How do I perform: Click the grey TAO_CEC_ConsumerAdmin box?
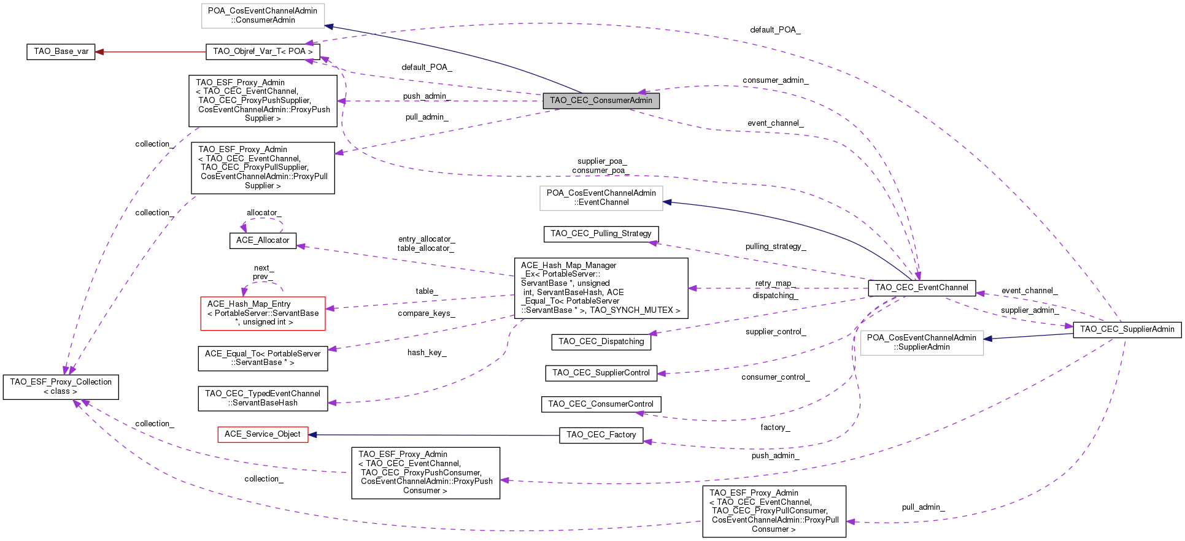click(601, 101)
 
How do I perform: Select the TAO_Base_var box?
click(61, 52)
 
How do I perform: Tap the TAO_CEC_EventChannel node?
click(921, 288)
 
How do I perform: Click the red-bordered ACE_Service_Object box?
click(263, 434)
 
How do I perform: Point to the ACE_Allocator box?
click(263, 240)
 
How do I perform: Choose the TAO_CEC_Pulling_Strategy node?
click(601, 234)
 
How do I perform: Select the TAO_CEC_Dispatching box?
click(601, 342)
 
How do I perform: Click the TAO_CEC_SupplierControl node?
click(601, 373)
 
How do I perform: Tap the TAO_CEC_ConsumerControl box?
click(601, 404)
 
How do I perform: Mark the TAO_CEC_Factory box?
click(601, 435)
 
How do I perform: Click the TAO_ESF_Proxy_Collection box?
click(61, 386)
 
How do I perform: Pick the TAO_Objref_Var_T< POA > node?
click(263, 52)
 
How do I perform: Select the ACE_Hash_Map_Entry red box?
click(263, 313)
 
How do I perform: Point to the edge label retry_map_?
click(775, 283)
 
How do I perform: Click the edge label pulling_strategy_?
click(775, 247)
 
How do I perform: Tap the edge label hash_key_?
click(427, 353)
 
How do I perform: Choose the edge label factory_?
click(775, 428)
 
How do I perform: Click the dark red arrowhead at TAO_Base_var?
click(99, 52)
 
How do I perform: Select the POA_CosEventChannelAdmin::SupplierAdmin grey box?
click(921, 342)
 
